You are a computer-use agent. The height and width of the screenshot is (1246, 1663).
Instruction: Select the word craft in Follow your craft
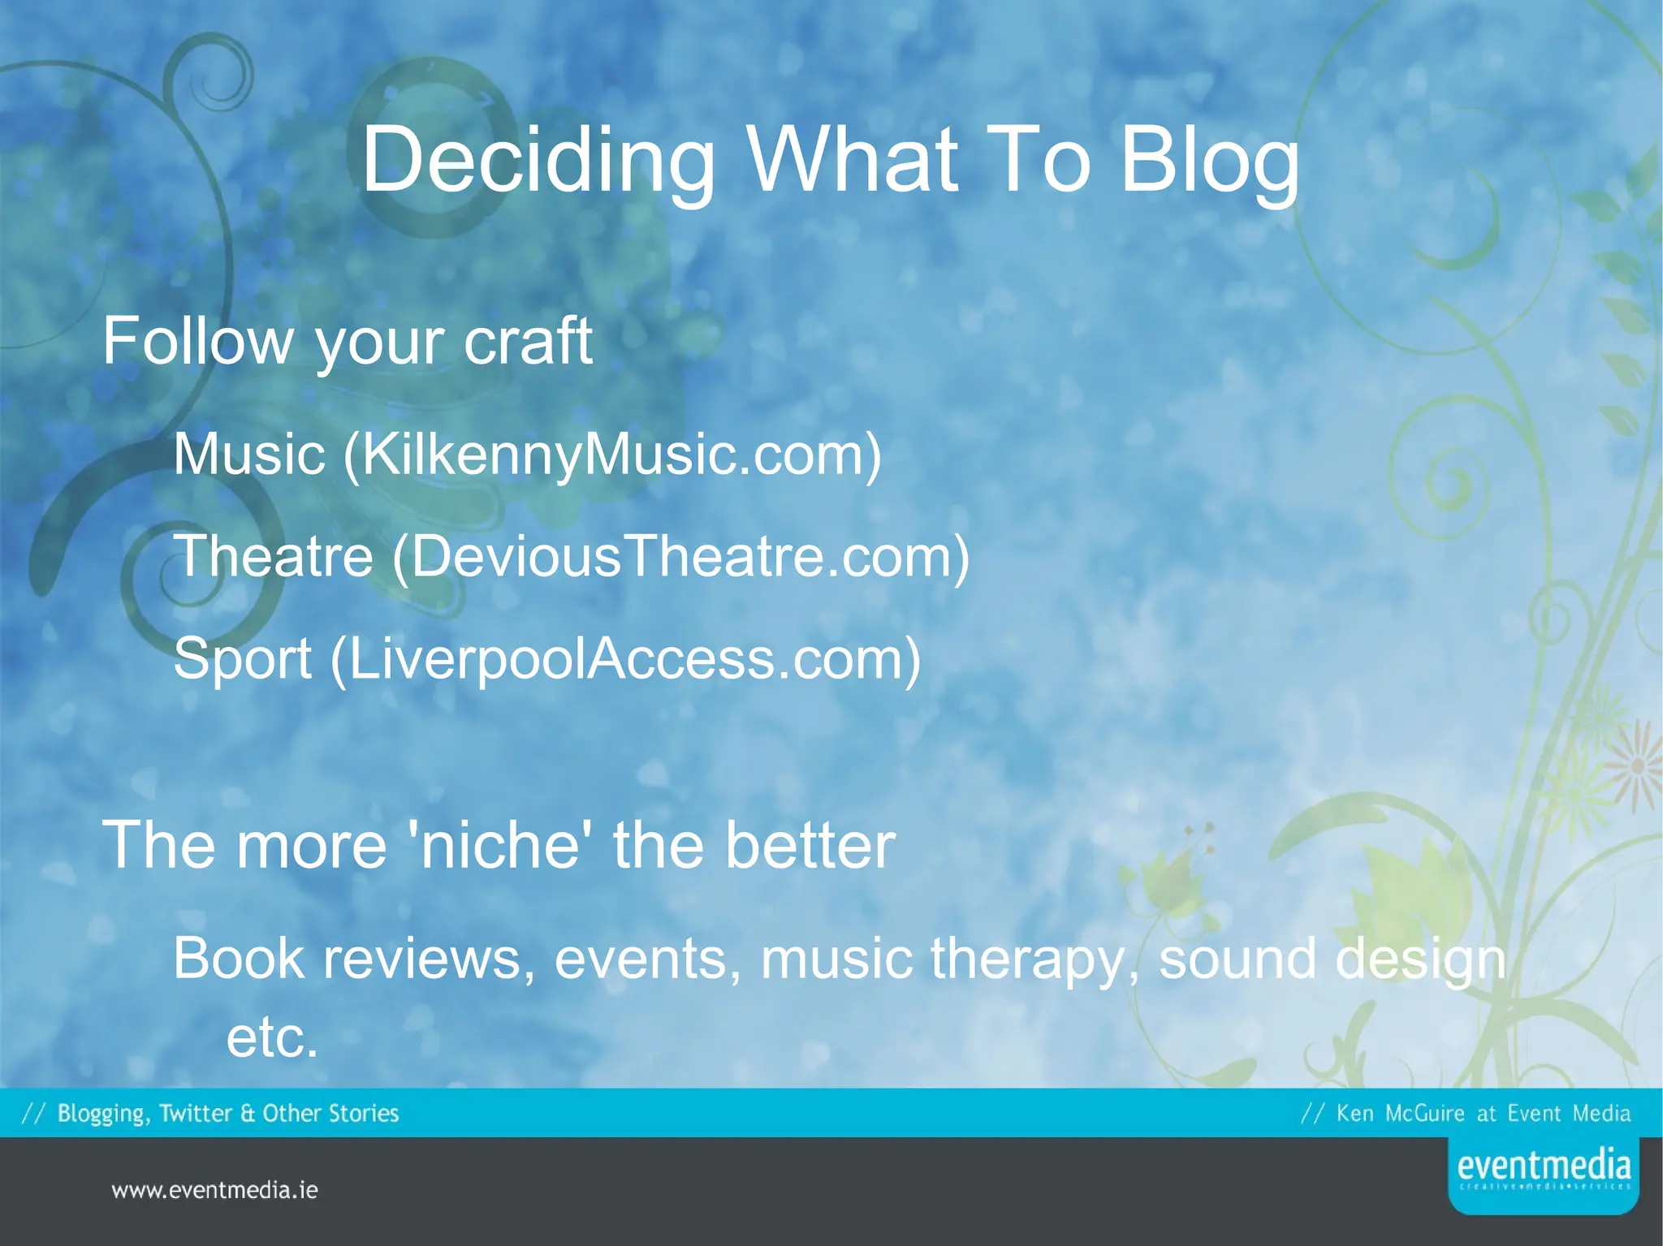[528, 341]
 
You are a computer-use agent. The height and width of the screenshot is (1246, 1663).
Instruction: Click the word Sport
[242, 658]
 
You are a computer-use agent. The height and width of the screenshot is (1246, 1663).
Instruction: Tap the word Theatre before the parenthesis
[273, 556]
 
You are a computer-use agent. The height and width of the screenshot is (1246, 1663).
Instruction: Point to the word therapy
[1035, 959]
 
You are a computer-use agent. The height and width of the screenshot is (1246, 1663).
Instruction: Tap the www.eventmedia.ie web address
[214, 1191]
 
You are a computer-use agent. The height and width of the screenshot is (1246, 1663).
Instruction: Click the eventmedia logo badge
[1543, 1174]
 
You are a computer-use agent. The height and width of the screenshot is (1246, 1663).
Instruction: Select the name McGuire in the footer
[1424, 1113]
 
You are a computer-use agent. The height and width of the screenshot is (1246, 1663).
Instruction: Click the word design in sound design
[1421, 959]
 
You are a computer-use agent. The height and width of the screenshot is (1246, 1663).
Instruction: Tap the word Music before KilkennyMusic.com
[249, 454]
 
